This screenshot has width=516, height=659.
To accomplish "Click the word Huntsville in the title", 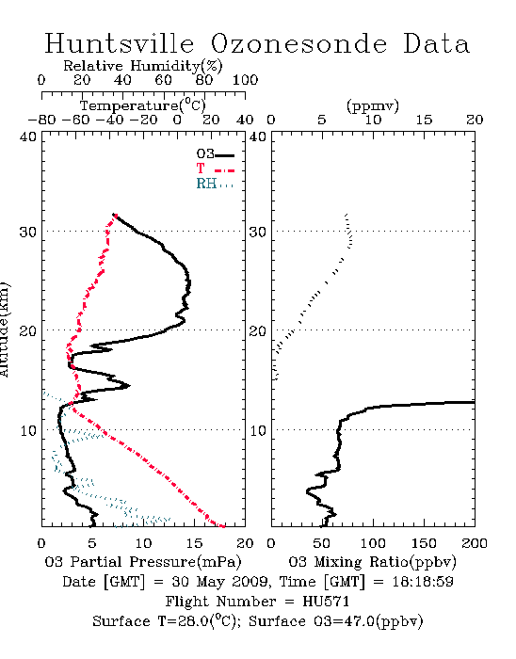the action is [120, 43].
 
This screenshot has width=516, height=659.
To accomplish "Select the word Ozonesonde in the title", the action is [298, 43].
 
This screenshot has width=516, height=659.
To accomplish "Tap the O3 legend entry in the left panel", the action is [215, 154].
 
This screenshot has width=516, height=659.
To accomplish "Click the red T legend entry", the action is [215, 169].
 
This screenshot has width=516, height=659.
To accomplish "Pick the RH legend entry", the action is [215, 184].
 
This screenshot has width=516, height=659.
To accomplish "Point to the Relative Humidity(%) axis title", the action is [143, 66].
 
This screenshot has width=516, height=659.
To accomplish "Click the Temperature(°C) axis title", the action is [143, 105].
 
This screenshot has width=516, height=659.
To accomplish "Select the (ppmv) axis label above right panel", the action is [373, 105].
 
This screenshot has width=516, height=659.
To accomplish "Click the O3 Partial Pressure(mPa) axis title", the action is [143, 562].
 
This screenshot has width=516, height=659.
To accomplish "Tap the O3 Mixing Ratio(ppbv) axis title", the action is [372, 562].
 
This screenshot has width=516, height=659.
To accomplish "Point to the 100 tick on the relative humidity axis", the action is [245, 80].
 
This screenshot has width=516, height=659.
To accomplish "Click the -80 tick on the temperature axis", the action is [41, 121].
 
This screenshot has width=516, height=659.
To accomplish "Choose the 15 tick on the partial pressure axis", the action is [194, 543].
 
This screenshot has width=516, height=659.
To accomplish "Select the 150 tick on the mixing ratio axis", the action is [424, 543].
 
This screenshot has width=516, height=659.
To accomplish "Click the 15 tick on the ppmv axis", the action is [424, 121].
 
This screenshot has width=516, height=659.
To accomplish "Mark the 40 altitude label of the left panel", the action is [28, 137].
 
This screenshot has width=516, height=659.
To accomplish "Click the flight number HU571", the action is [326, 602].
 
